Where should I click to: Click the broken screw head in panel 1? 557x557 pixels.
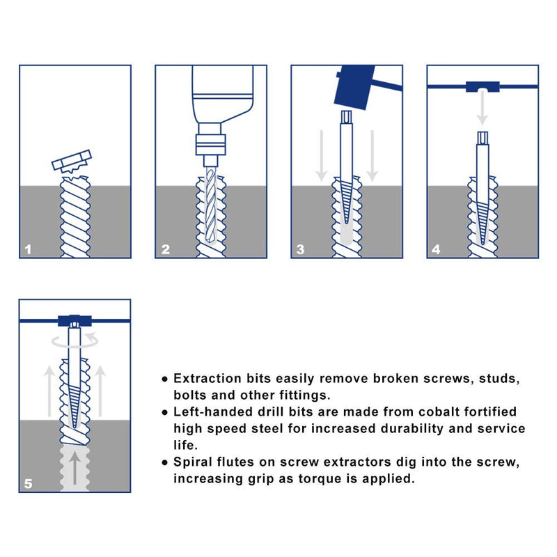point(71,161)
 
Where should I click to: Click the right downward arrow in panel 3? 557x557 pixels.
point(372,153)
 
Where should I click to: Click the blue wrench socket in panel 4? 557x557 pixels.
point(482,86)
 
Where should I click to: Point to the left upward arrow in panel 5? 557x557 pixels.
point(49,390)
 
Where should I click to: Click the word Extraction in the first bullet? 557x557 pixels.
point(206,379)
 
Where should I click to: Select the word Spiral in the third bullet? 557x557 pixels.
point(193,462)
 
